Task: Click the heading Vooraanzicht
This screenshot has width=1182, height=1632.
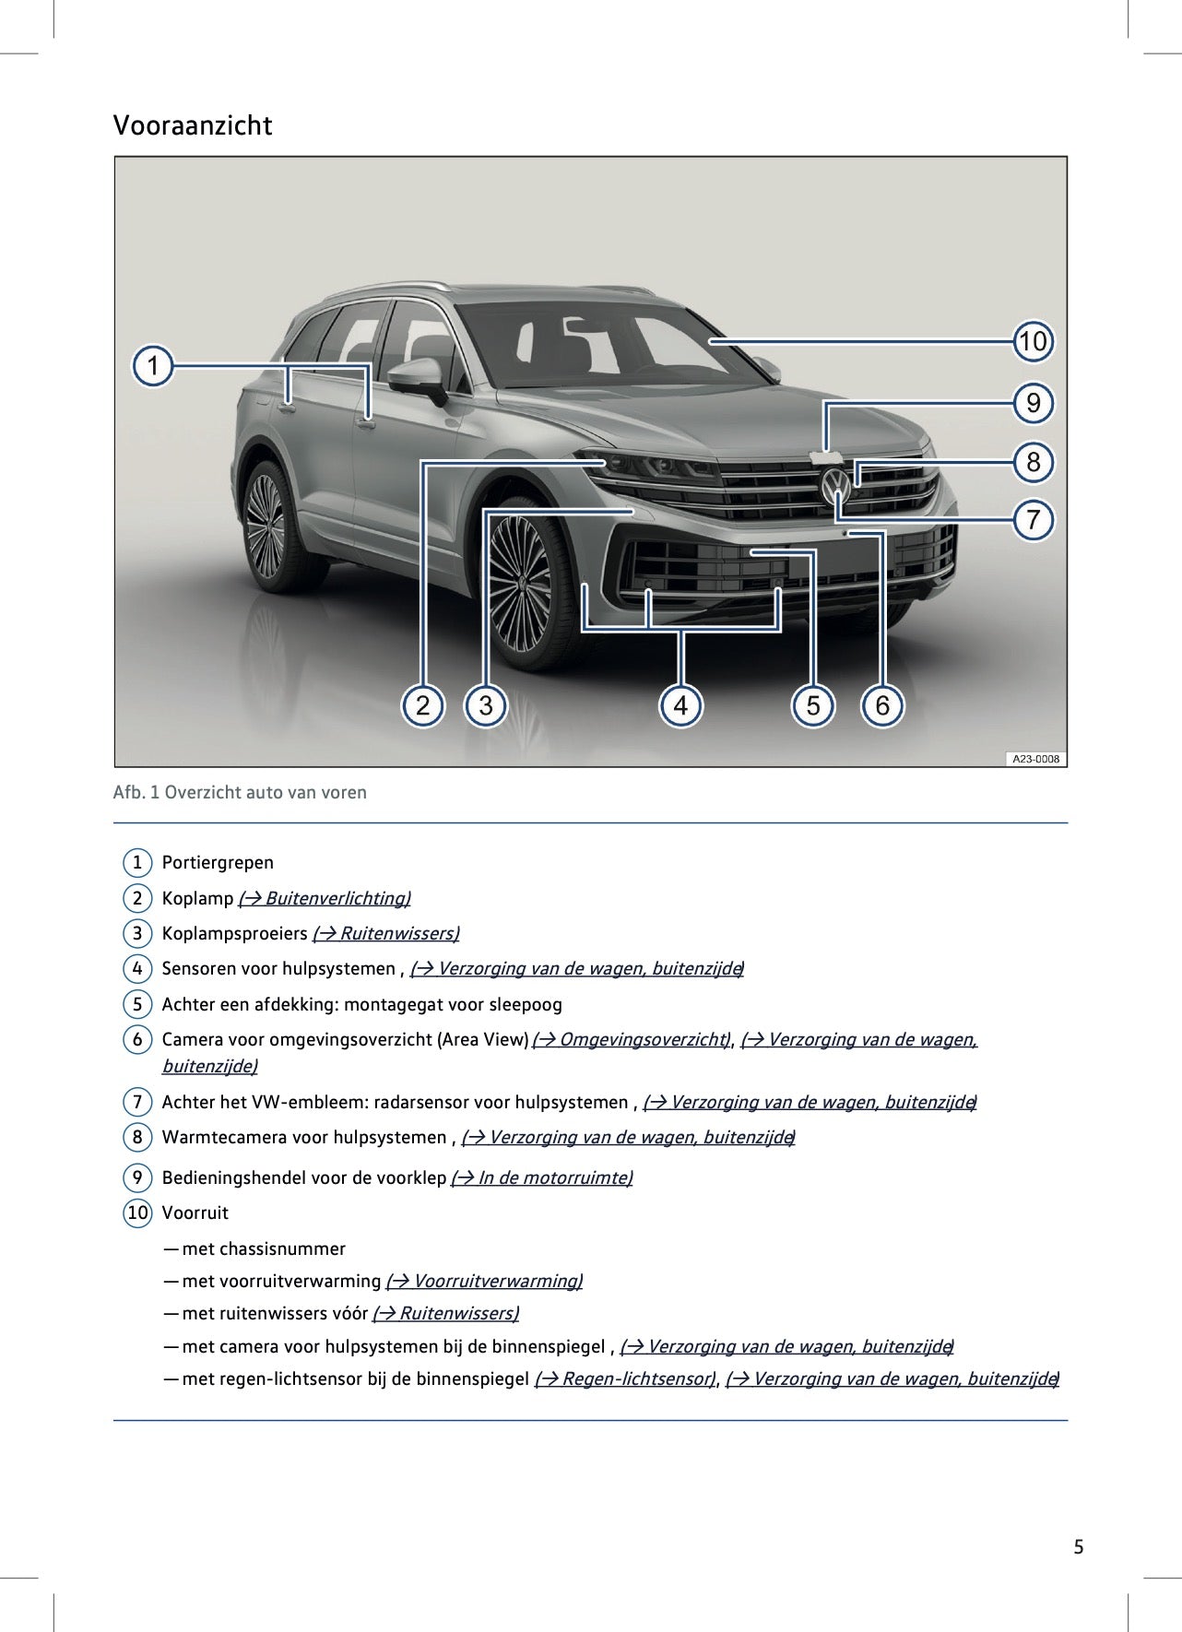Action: coord(193,125)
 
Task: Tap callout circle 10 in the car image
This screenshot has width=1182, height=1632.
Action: coord(1033,342)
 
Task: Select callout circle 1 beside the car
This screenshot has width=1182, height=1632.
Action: coord(153,366)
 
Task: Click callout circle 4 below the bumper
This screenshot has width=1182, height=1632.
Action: coord(680,706)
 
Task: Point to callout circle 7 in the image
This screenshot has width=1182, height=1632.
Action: coord(1033,520)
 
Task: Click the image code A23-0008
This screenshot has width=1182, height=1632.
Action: coord(1035,759)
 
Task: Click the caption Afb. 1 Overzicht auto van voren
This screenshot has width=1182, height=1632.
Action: coord(240,792)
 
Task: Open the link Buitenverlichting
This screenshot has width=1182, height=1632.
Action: coord(325,898)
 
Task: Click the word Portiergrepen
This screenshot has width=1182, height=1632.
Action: coord(218,863)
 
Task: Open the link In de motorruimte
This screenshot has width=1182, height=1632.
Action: coord(541,1177)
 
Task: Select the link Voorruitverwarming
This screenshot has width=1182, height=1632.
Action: coord(484,1281)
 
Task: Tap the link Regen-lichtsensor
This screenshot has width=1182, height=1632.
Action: coord(625,1378)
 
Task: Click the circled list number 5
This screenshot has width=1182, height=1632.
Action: coord(137,1004)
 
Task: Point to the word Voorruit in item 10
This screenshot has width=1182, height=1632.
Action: coord(195,1212)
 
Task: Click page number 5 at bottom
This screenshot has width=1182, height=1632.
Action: coord(1078,1547)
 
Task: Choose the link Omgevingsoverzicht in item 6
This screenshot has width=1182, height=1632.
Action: coord(632,1039)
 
